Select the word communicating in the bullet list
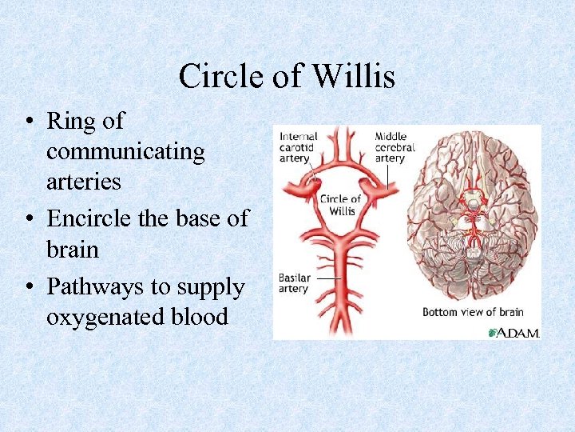125,150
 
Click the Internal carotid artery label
298,147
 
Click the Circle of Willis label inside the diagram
341,205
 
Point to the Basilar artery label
294,283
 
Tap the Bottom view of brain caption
472,311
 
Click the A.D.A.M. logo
514,331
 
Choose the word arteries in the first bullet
83,182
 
